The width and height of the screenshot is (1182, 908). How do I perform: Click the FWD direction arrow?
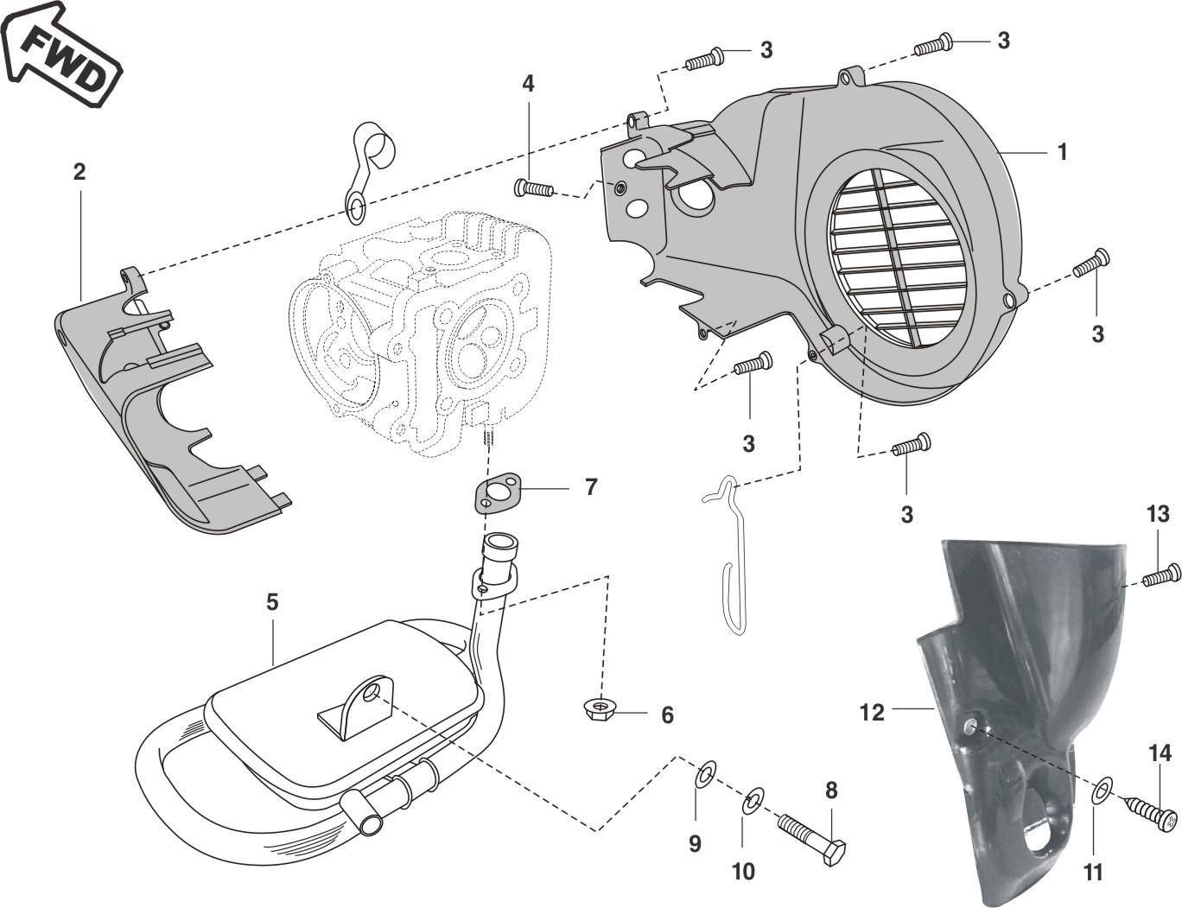(60, 54)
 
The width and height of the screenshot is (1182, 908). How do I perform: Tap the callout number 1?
(1063, 152)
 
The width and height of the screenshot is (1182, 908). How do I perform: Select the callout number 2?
(79, 172)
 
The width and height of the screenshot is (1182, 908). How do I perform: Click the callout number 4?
(528, 84)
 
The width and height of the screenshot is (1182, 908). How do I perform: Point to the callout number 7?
(591, 487)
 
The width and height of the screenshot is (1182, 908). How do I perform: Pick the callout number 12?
(872, 712)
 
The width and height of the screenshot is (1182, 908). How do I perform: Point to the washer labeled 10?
(753, 800)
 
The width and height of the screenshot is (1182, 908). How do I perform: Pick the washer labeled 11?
(1102, 791)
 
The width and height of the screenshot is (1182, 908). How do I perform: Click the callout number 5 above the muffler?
(272, 601)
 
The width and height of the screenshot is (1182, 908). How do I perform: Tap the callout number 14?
(1160, 754)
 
